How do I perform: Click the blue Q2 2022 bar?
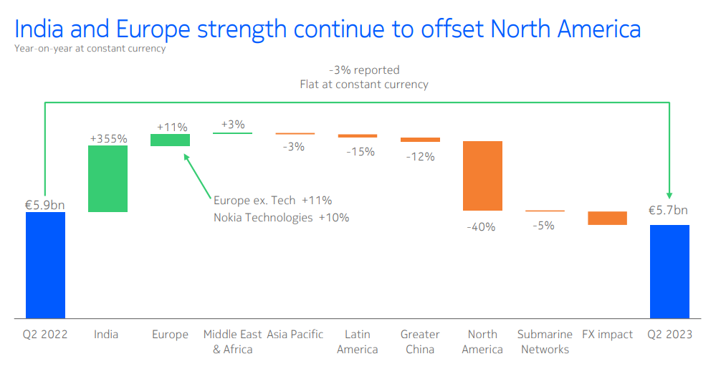45,265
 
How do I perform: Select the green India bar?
108,178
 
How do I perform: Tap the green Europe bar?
170,140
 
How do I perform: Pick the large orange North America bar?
482,176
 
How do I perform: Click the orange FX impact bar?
608,218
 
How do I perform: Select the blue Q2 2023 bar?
669,272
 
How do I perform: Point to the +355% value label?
108,139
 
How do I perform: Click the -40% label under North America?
481,227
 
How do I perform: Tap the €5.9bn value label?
44,205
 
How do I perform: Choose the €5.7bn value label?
668,211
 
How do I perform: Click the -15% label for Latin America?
360,152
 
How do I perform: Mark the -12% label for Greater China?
420,157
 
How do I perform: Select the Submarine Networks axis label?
545,342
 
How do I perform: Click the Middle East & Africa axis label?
233,342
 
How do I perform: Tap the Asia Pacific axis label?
295,335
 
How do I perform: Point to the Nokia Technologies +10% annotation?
282,217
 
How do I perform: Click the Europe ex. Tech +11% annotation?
272,201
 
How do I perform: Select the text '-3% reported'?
364,70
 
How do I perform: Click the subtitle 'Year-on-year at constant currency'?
90,48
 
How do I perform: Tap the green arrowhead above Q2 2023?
669,195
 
